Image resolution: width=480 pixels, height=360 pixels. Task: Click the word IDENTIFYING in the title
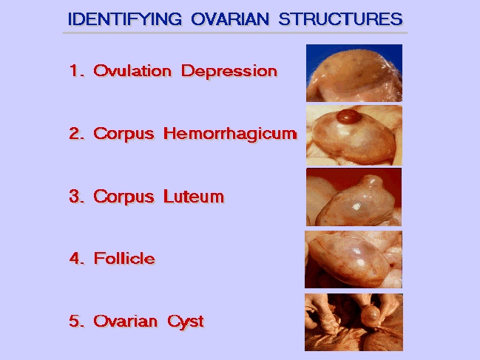click(x=125, y=19)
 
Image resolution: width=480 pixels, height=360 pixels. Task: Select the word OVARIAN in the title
click(x=230, y=19)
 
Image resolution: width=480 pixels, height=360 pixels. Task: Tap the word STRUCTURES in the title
click(x=341, y=19)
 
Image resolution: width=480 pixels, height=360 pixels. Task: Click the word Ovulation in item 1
click(x=132, y=71)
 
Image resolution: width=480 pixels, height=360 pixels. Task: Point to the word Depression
click(x=229, y=71)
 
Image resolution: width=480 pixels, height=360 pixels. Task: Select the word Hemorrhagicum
click(x=230, y=134)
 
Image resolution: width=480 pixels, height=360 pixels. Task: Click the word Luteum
click(x=194, y=196)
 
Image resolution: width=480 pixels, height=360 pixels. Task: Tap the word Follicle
click(x=124, y=259)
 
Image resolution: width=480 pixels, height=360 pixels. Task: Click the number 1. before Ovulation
click(x=77, y=71)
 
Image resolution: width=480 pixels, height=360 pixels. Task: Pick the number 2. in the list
click(x=77, y=133)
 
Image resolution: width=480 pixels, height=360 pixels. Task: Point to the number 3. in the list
click(x=77, y=196)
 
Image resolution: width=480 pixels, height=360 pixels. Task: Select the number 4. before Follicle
click(x=77, y=259)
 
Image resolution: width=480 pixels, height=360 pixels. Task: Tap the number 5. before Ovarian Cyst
click(x=77, y=321)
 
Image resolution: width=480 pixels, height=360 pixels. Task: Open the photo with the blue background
click(x=354, y=73)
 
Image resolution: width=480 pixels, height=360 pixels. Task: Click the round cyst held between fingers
click(x=370, y=316)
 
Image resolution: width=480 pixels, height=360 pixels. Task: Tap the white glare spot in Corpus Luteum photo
click(x=356, y=207)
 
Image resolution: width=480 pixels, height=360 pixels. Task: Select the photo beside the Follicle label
click(x=354, y=259)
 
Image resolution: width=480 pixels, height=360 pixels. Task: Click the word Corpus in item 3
click(x=124, y=197)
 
